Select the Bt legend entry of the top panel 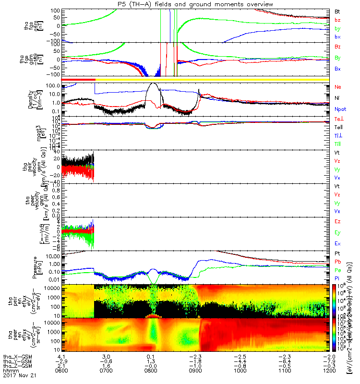coord(337,11)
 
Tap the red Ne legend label coord(338,87)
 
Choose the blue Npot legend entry coord(340,109)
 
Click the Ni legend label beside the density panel coord(337,98)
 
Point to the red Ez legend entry coord(338,222)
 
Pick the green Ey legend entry coord(338,233)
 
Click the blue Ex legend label coord(338,244)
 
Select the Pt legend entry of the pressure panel coord(337,253)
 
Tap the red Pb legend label coord(338,262)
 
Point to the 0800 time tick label coord(151,370)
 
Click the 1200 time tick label coord(329,370)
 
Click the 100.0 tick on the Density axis coord(52,86)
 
